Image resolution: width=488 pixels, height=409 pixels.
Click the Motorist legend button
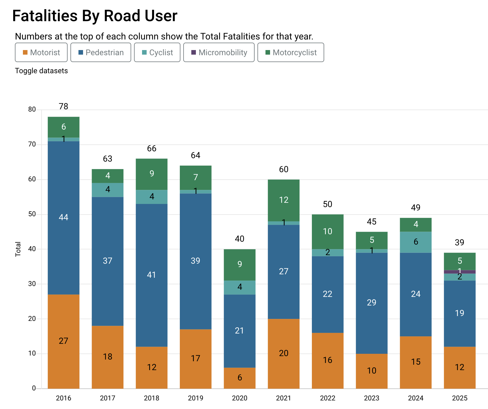[41, 52]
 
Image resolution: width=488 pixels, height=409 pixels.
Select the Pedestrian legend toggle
[101, 52]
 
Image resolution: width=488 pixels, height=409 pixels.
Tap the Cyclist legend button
[157, 52]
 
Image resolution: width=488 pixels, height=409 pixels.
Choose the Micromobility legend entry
[219, 52]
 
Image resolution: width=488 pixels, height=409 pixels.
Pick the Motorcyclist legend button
[291, 52]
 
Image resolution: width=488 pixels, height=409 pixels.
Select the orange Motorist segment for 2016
[64, 341]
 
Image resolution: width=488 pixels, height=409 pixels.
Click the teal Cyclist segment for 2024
[416, 242]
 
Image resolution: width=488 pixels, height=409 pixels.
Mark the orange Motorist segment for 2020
[240, 378]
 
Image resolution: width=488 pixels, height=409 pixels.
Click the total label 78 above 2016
[64, 106]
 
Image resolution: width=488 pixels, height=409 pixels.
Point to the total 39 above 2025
[459, 243]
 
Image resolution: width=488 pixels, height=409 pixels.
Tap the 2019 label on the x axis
[196, 398]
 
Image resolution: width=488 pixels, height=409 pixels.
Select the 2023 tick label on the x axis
[371, 398]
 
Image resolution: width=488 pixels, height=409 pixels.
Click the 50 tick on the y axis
[32, 214]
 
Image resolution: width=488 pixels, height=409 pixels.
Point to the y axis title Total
[18, 249]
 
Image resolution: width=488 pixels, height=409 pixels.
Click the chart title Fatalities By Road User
[95, 16]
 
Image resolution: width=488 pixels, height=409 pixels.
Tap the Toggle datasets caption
[41, 71]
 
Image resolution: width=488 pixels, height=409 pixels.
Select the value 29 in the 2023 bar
[371, 303]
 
